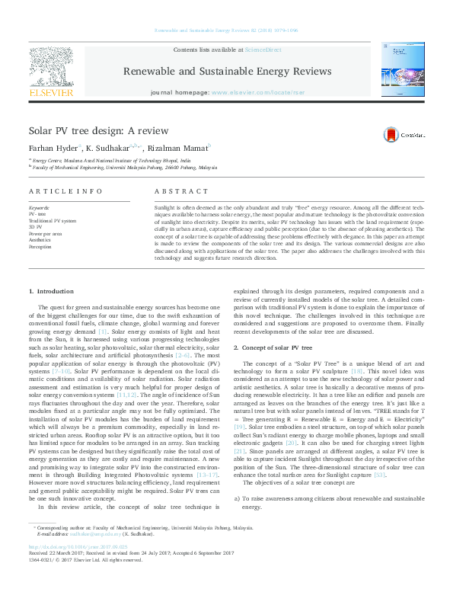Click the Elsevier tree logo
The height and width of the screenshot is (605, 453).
51,66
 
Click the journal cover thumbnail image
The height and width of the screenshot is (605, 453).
400,69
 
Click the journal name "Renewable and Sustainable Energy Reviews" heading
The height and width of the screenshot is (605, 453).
226,72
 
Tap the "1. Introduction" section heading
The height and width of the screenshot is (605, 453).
52,291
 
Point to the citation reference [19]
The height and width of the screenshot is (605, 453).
240,428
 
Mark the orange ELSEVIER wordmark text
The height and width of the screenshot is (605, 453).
51,92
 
